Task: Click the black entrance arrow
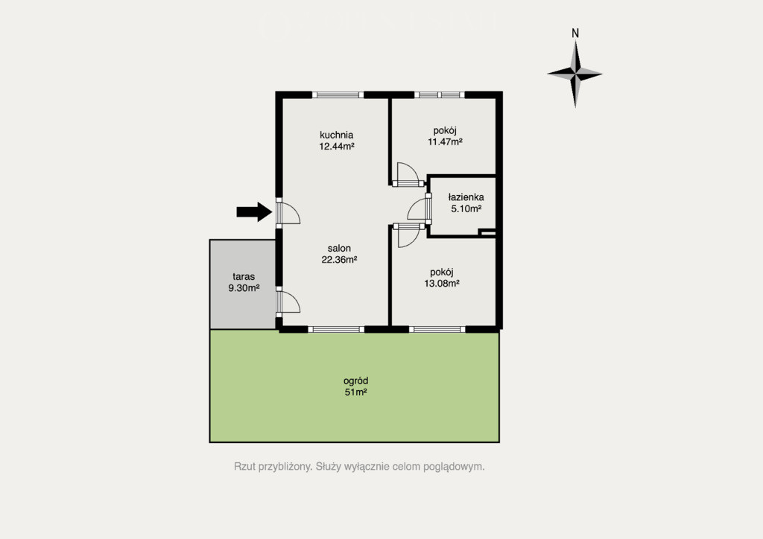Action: [254, 211]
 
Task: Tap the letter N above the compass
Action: [575, 33]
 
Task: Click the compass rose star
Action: [575, 74]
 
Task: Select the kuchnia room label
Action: [336, 135]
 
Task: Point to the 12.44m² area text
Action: [336, 146]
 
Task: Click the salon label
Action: [339, 249]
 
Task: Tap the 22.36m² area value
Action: [339, 260]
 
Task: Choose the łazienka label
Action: [466, 197]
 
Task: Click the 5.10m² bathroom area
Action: [466, 208]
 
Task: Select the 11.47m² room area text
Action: [445, 142]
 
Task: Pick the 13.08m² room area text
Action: [442, 284]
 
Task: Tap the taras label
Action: [244, 276]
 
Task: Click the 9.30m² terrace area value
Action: [244, 287]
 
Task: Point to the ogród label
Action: [355, 381]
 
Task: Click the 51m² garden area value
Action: [355, 392]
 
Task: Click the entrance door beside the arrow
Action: [288, 211]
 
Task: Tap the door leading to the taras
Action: [288, 302]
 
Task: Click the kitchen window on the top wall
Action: [338, 95]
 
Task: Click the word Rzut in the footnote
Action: [244, 467]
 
